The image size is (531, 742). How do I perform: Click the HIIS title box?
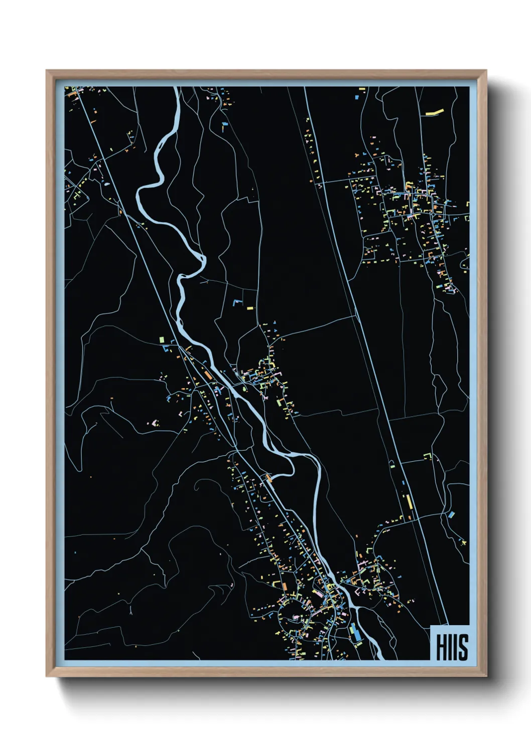[450, 643]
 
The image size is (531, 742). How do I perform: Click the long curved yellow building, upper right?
[435, 112]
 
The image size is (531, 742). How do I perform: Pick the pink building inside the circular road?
[295, 617]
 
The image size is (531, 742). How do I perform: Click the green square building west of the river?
[162, 340]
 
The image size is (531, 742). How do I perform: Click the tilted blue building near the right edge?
[451, 514]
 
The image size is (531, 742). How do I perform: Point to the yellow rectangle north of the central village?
[250, 308]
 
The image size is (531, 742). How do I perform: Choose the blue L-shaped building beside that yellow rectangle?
[237, 302]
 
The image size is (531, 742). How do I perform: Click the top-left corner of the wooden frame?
[47, 71]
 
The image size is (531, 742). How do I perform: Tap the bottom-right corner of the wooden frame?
[486, 676]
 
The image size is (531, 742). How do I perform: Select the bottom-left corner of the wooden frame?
[47, 676]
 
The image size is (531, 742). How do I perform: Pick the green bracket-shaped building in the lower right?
[428, 456]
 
